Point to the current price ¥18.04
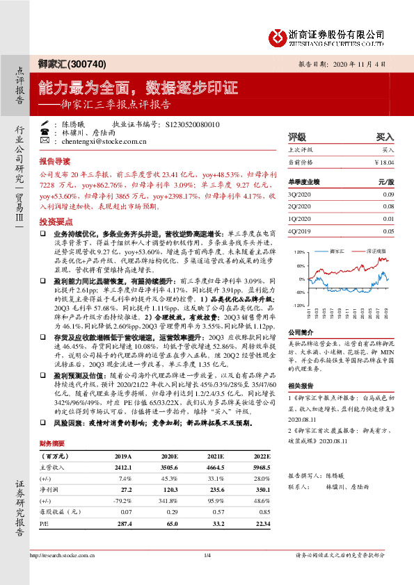(x=384, y=163)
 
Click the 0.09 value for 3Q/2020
(x=388, y=195)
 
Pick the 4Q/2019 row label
(x=300, y=231)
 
